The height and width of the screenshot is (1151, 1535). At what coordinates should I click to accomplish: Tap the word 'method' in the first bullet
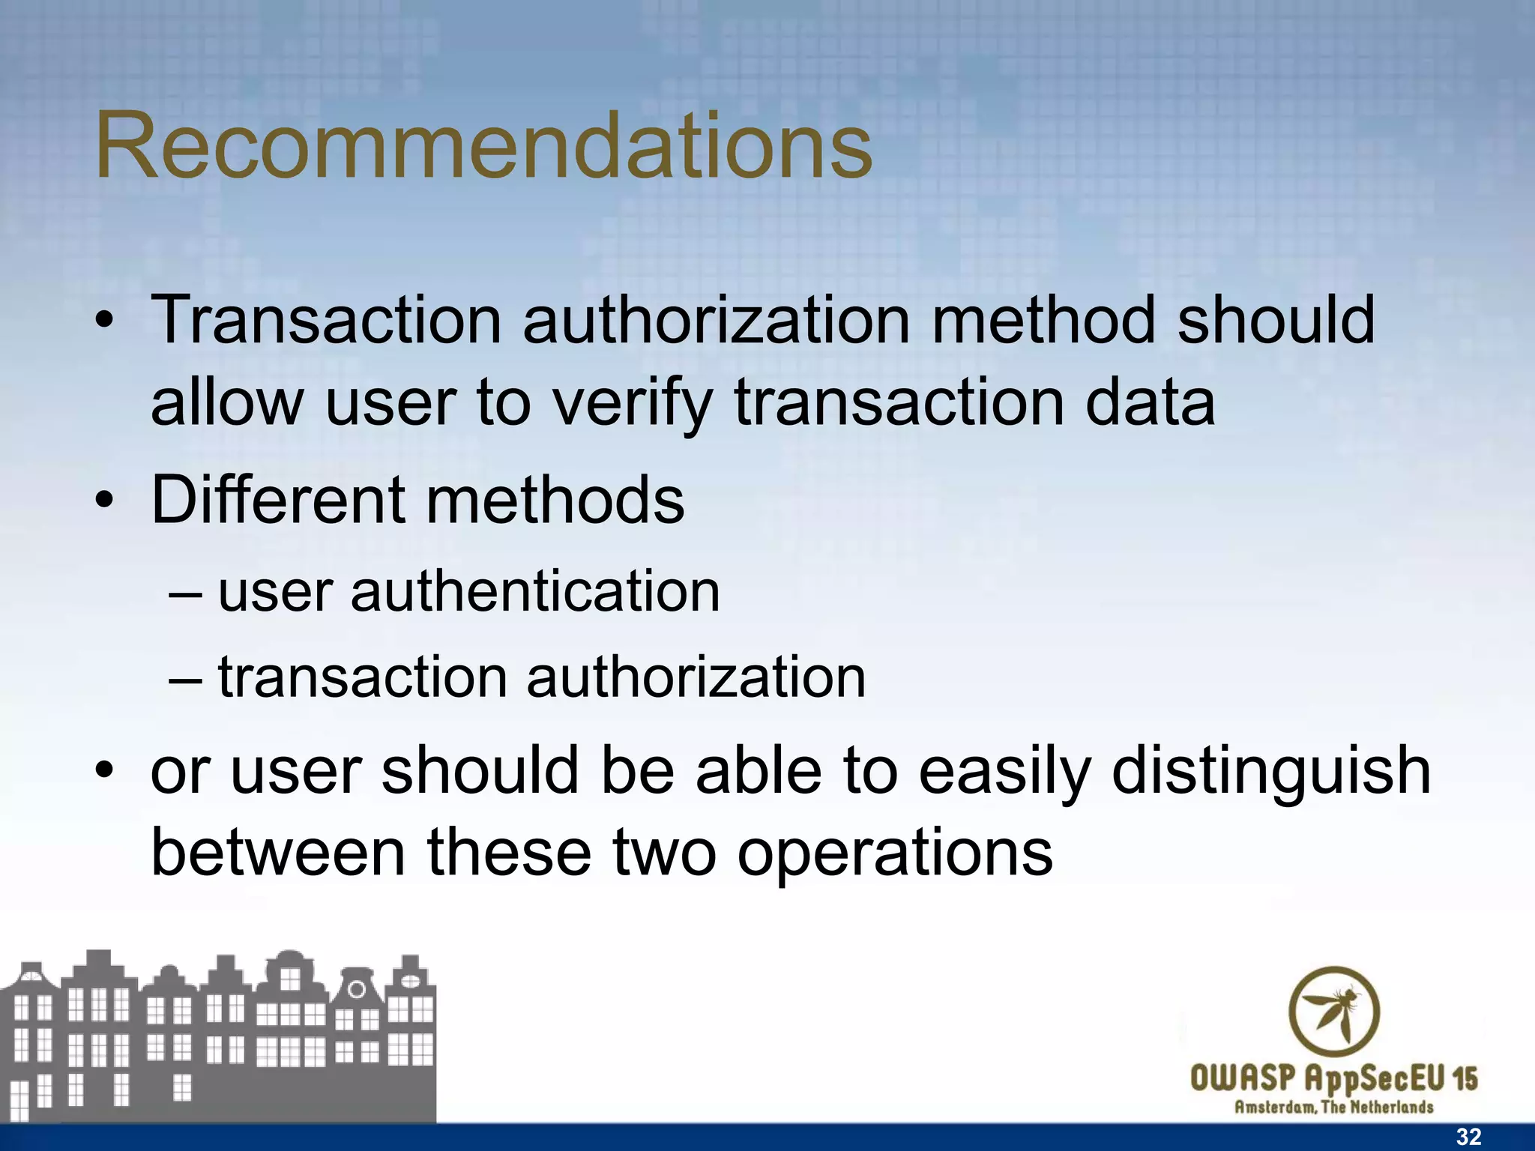point(1043,321)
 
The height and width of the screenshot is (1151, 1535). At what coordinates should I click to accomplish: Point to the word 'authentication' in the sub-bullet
point(534,592)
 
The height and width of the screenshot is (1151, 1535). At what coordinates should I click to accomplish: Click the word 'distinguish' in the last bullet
point(1271,772)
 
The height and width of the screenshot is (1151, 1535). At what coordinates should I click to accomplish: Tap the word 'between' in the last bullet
point(278,853)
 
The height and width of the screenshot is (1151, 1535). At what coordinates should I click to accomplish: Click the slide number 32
point(1468,1137)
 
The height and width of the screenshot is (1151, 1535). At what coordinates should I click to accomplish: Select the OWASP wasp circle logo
point(1334,1011)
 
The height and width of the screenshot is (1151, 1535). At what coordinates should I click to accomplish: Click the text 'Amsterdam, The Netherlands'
point(1334,1107)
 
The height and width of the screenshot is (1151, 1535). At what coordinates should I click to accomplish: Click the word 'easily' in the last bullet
point(1004,772)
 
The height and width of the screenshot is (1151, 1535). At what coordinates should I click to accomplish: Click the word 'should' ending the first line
point(1276,321)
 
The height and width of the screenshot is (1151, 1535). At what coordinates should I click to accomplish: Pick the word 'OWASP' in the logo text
point(1242,1079)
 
